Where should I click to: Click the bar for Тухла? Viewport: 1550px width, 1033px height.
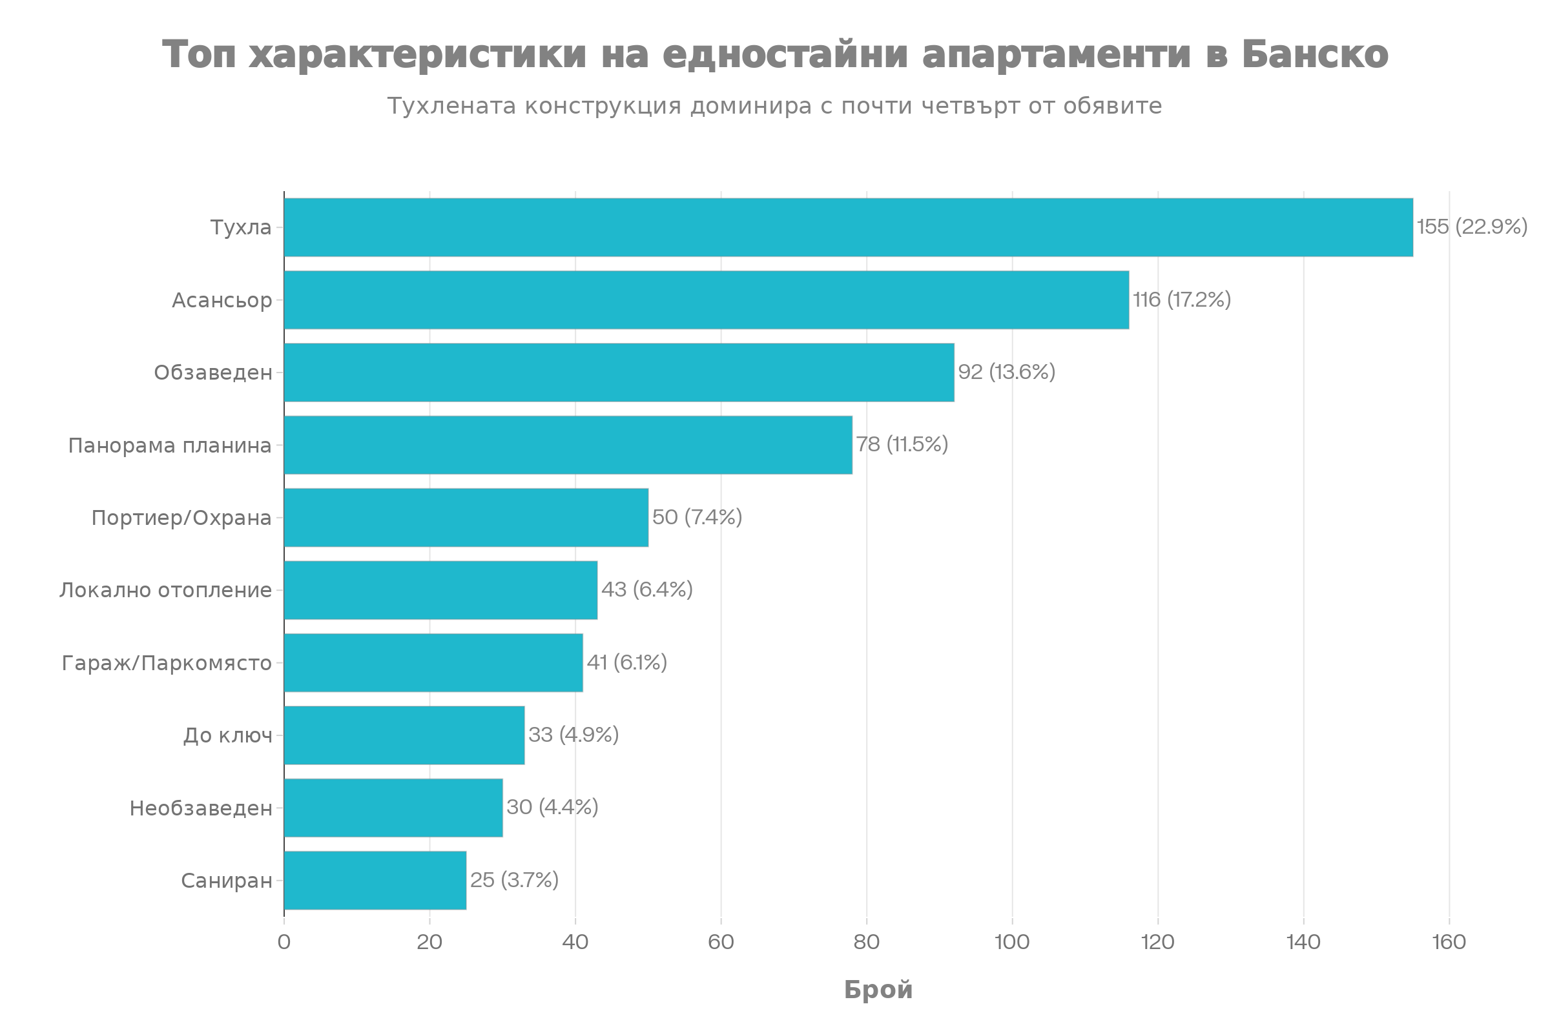point(849,227)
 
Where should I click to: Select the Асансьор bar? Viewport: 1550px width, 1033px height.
point(707,300)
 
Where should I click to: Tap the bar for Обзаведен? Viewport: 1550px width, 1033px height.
point(619,373)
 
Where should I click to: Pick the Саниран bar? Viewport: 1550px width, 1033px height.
point(375,880)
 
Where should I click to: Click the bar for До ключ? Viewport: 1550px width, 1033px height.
point(405,735)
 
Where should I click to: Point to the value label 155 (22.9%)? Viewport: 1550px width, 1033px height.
point(1472,227)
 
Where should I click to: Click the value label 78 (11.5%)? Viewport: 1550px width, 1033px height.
point(902,445)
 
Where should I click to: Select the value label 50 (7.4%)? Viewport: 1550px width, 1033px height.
point(697,517)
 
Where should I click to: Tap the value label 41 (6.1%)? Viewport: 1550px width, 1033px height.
point(626,662)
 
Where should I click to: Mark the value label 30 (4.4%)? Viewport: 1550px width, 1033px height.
point(552,808)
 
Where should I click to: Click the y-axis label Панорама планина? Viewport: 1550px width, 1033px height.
point(170,446)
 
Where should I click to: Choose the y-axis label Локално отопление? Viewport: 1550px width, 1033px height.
point(165,590)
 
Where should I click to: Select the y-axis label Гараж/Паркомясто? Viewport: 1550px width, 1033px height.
point(167,663)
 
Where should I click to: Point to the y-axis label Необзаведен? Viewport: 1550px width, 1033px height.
point(201,808)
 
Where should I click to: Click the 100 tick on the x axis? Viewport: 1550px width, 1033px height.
point(1012,943)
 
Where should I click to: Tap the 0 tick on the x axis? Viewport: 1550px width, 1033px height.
point(284,943)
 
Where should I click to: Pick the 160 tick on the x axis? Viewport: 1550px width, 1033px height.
point(1449,943)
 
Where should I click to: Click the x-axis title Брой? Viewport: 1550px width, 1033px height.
point(878,990)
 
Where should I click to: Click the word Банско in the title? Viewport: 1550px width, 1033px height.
point(1316,54)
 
